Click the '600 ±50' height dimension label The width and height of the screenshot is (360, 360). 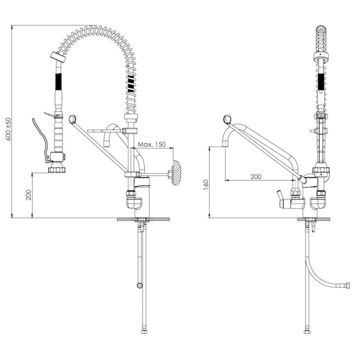pos(8,129)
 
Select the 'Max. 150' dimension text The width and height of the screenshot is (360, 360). pos(152,144)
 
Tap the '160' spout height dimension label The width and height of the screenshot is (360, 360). pos(206,185)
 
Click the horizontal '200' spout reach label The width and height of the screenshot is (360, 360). pos(256,176)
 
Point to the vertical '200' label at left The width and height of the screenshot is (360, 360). pos(28,195)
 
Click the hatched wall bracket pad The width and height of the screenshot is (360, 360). pos(176,173)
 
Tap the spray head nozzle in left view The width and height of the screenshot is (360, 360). pos(57,170)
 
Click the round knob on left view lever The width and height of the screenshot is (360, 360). pos(72,119)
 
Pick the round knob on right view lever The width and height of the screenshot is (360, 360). pos(227,119)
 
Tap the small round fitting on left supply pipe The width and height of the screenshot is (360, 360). pos(139,286)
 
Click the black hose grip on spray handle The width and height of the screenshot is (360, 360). pos(58,82)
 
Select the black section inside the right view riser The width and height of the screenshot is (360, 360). pos(321,81)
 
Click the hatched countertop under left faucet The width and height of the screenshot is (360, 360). pos(144,219)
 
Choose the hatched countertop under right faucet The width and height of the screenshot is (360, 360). pos(314,219)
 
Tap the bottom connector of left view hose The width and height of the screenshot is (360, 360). pos(144,332)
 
